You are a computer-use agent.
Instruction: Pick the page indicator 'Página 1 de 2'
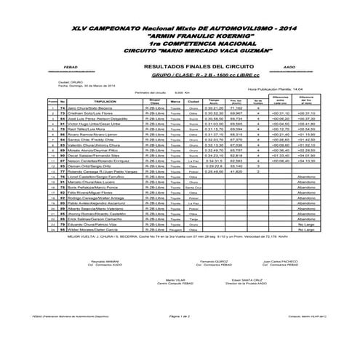180,316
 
